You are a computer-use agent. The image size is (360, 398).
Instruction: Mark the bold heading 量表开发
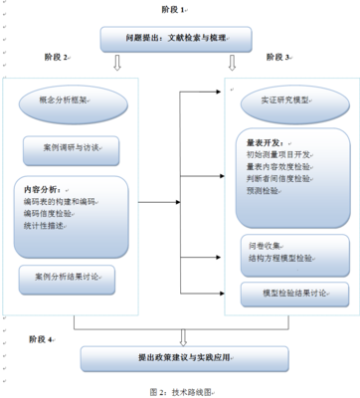click(266, 140)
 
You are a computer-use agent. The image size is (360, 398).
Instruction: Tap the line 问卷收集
click(265, 244)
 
